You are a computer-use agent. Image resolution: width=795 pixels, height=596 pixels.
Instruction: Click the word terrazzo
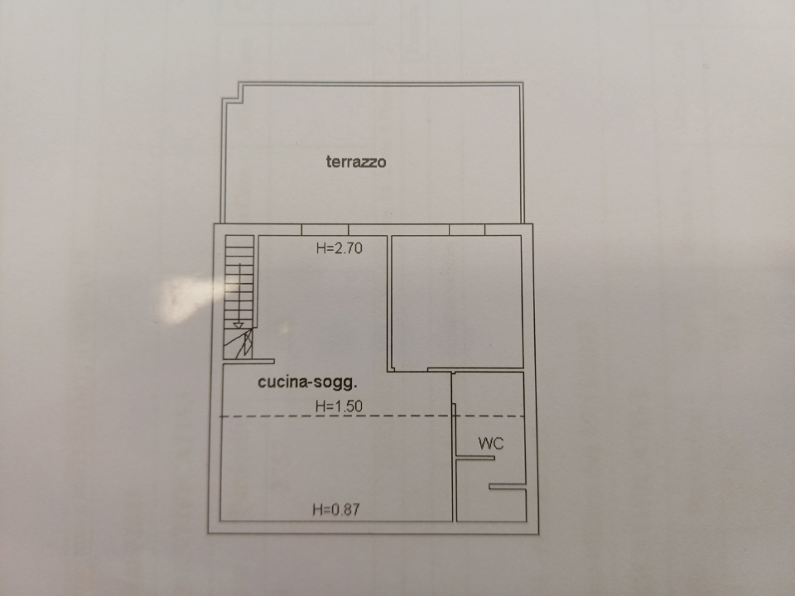point(356,162)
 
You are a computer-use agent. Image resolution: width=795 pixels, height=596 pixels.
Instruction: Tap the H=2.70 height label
point(340,247)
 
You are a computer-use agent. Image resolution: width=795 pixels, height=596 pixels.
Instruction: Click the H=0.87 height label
point(335,510)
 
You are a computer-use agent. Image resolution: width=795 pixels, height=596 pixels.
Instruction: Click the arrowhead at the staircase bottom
point(238,324)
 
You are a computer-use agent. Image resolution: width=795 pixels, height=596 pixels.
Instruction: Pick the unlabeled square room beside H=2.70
point(457,302)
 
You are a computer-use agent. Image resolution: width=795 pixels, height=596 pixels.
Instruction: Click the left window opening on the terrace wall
point(325,229)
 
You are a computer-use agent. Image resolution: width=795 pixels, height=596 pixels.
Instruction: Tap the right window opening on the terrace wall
point(467,229)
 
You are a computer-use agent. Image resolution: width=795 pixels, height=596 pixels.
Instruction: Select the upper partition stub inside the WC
point(475,457)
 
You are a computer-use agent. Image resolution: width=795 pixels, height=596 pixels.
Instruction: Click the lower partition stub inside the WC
point(507,487)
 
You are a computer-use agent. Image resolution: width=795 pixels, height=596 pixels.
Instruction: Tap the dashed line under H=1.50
point(373,416)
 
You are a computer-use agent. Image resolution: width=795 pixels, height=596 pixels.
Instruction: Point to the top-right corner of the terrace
point(522,84)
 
